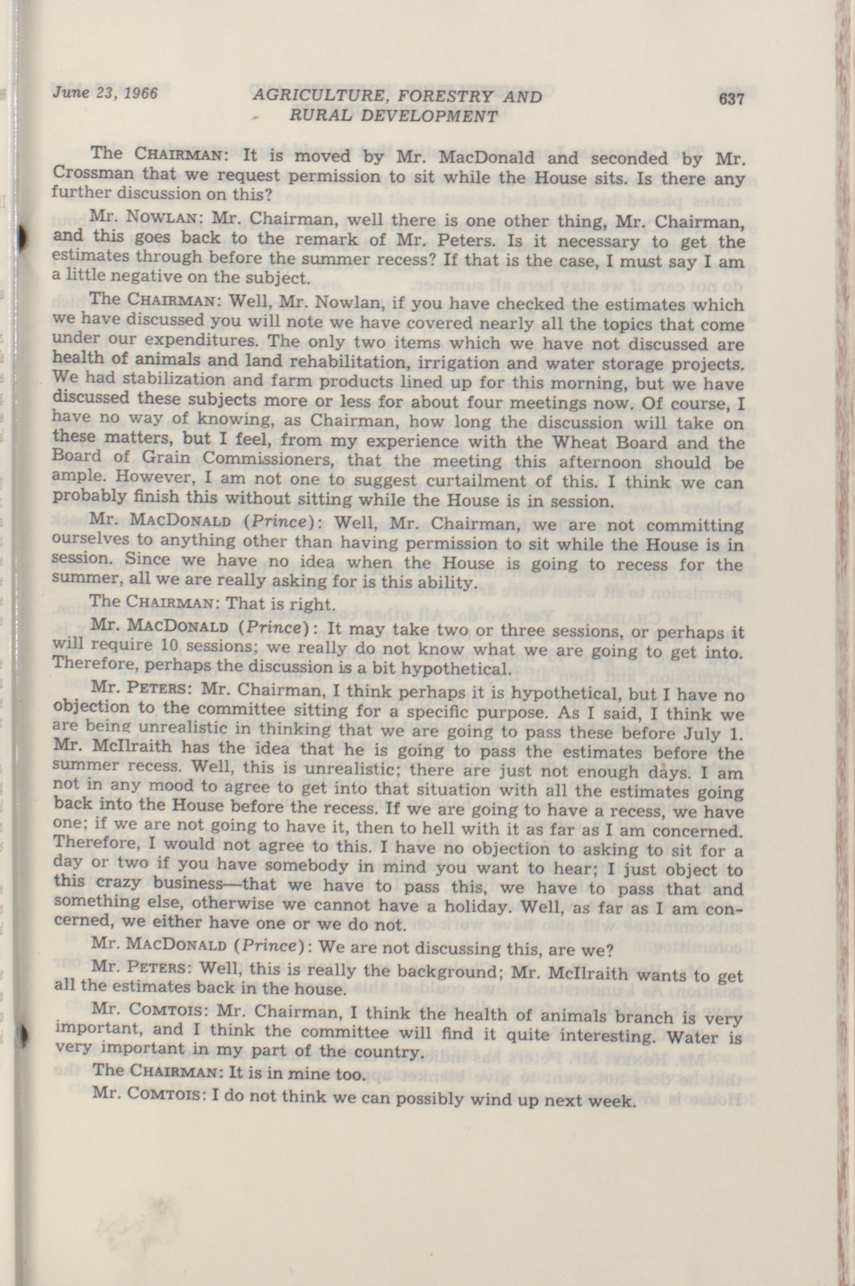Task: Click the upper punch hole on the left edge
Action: point(22,236)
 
